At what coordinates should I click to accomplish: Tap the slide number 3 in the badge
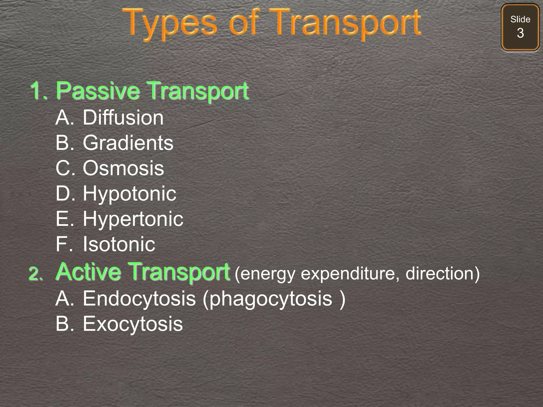520,33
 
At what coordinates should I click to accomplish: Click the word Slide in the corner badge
520,19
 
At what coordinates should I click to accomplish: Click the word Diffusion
123,117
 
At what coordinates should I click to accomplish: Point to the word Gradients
128,143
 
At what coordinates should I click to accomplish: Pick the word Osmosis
123,168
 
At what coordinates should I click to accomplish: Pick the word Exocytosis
133,324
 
